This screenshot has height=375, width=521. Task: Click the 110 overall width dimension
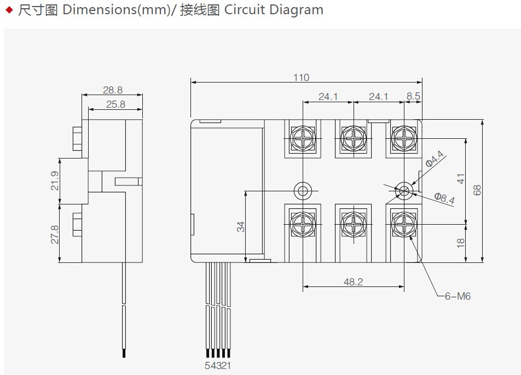pyautogui.click(x=301, y=78)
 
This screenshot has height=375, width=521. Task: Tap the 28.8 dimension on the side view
pyautogui.click(x=113, y=90)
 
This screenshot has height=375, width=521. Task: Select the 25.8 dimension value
pyautogui.click(x=115, y=104)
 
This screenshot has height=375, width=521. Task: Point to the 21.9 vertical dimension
pyautogui.click(x=55, y=181)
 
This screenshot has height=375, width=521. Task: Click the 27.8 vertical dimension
pyautogui.click(x=55, y=235)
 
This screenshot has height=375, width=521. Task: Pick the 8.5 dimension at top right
pyautogui.click(x=413, y=96)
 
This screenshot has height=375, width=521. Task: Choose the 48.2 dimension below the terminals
pyautogui.click(x=353, y=282)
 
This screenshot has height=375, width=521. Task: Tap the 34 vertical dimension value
pyautogui.click(x=241, y=227)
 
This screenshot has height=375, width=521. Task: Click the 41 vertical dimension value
pyautogui.click(x=461, y=179)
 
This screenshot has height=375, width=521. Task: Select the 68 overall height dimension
pyautogui.click(x=477, y=190)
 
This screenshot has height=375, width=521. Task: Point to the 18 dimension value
pyautogui.click(x=461, y=243)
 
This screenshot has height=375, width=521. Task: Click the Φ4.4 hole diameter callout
pyautogui.click(x=435, y=159)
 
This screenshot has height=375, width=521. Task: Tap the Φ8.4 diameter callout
pyautogui.click(x=444, y=198)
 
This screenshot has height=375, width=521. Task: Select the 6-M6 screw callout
pyautogui.click(x=458, y=296)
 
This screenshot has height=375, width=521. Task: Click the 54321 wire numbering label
pyautogui.click(x=218, y=365)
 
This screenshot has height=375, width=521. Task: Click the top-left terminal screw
pyautogui.click(x=303, y=138)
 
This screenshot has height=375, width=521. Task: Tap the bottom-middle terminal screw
pyautogui.click(x=354, y=224)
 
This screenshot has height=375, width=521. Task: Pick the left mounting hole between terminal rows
pyautogui.click(x=303, y=191)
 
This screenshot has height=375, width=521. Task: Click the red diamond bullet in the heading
pyautogui.click(x=10, y=10)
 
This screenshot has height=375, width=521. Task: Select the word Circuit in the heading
pyautogui.click(x=245, y=10)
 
